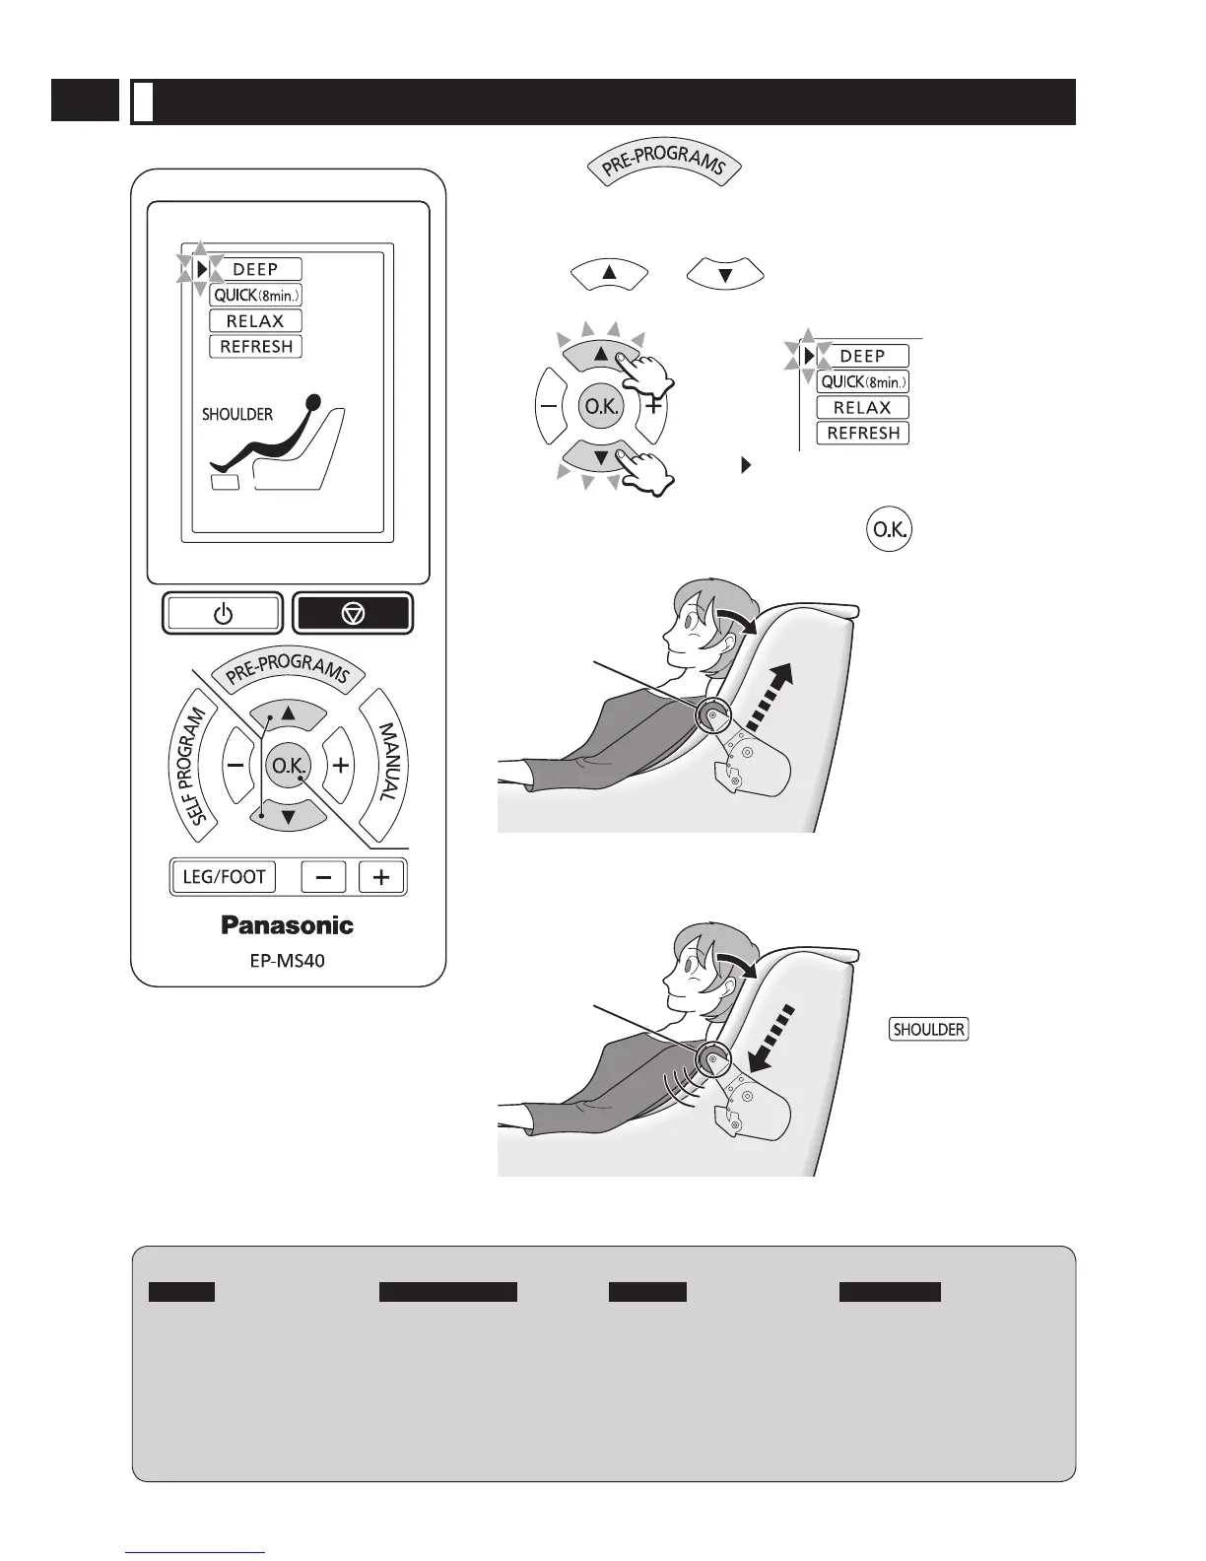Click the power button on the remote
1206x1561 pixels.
pyautogui.click(x=223, y=614)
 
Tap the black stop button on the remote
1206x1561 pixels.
pyautogui.click(x=353, y=614)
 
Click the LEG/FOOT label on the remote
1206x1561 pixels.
pyautogui.click(x=224, y=876)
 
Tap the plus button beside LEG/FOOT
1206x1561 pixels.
pyautogui.click(x=381, y=876)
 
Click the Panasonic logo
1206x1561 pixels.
pyautogui.click(x=287, y=925)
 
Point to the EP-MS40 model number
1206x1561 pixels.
pyautogui.click(x=287, y=960)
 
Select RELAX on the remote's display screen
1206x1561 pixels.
pyautogui.click(x=255, y=321)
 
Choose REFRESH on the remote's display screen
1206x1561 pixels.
pyautogui.click(x=255, y=347)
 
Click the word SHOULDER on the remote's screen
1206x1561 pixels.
pyautogui.click(x=237, y=415)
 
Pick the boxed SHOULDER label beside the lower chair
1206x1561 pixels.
pyautogui.click(x=928, y=1030)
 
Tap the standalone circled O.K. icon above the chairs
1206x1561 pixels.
pyautogui.click(x=889, y=530)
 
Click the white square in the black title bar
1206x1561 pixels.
pyautogui.click(x=143, y=102)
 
